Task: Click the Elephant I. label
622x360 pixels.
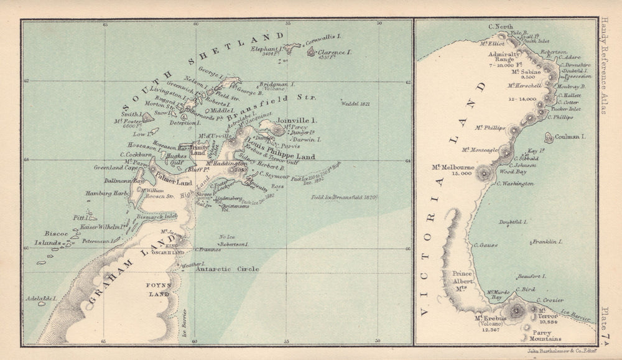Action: pyautogui.click(x=267, y=48)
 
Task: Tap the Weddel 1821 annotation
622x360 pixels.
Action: pyautogui.click(x=354, y=104)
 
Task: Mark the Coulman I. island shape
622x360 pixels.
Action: pyautogui.click(x=549, y=137)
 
